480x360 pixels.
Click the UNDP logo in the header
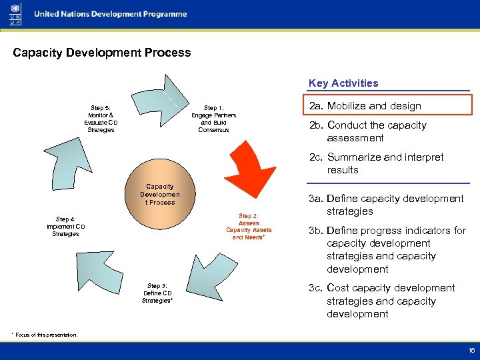click(15, 14)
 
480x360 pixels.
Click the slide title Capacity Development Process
click(101, 53)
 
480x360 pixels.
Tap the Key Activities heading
click(343, 83)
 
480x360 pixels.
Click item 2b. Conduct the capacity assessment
click(377, 131)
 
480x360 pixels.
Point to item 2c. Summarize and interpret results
click(376, 163)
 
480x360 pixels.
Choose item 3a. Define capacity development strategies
click(386, 205)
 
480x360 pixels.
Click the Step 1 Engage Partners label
click(213, 119)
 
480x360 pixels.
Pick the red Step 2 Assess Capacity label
click(249, 227)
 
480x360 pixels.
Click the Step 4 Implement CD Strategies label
click(66, 226)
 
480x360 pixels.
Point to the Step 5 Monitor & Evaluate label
click(101, 119)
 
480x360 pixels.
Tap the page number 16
click(471, 350)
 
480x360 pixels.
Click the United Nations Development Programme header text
click(111, 14)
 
